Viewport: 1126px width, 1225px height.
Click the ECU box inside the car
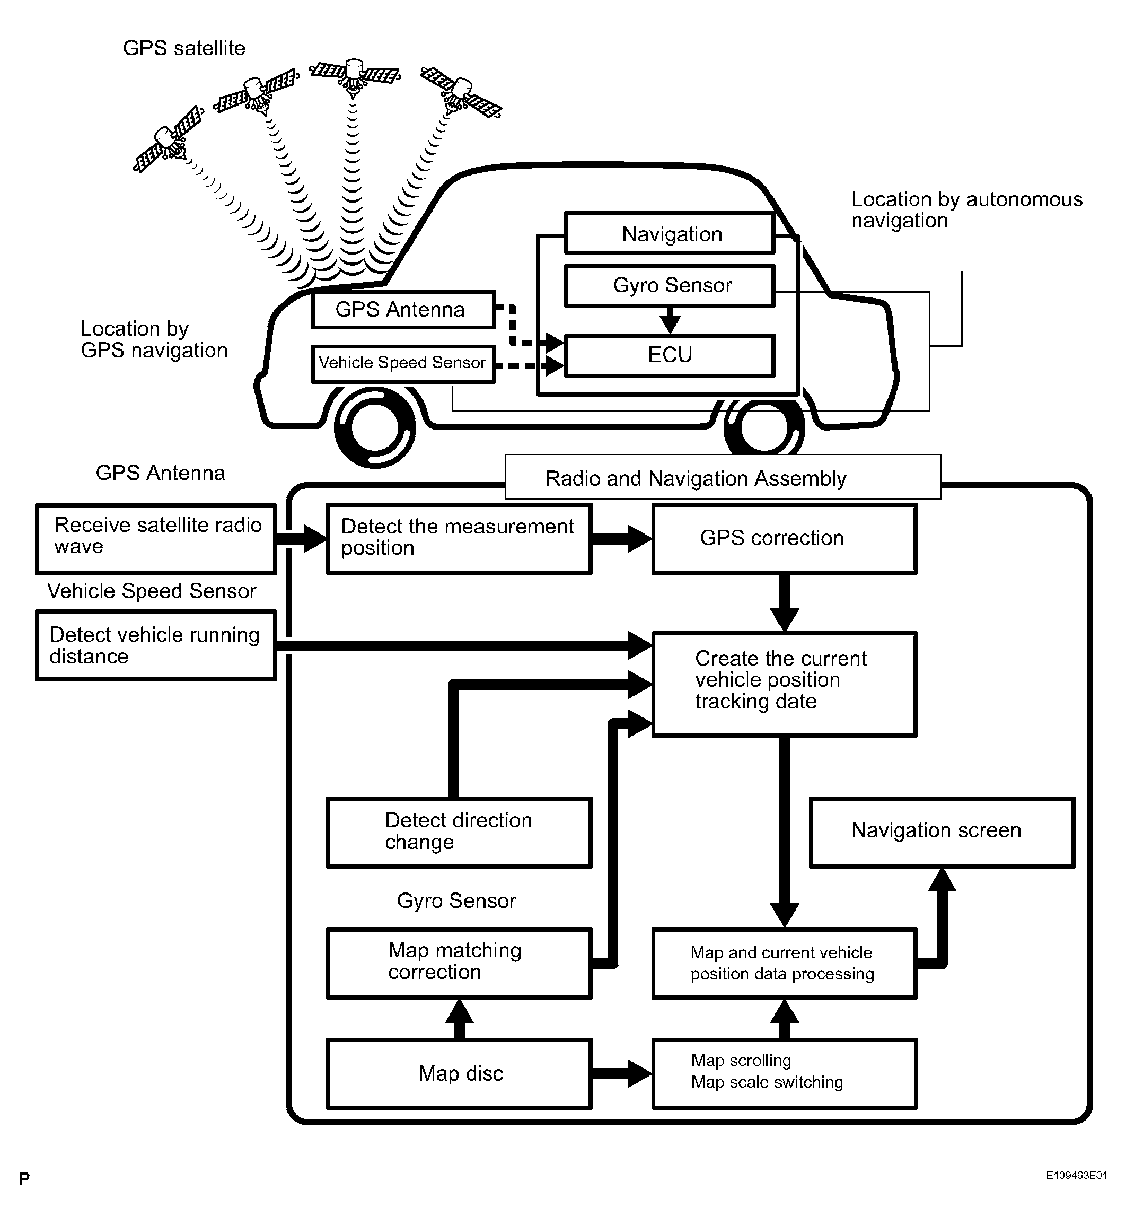point(670,355)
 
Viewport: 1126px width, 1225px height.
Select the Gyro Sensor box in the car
point(670,285)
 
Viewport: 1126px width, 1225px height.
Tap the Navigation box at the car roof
point(670,233)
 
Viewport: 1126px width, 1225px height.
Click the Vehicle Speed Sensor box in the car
point(403,364)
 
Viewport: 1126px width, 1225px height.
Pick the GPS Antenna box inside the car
point(403,310)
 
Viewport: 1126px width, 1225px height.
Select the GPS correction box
point(784,539)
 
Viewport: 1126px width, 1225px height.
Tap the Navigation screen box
point(942,832)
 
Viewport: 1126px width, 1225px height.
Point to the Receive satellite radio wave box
point(156,539)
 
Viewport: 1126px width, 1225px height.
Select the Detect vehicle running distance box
point(156,645)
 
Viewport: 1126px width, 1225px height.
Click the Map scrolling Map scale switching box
point(784,1074)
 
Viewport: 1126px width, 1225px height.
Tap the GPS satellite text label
point(184,48)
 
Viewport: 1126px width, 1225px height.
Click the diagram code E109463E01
point(1077,1193)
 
